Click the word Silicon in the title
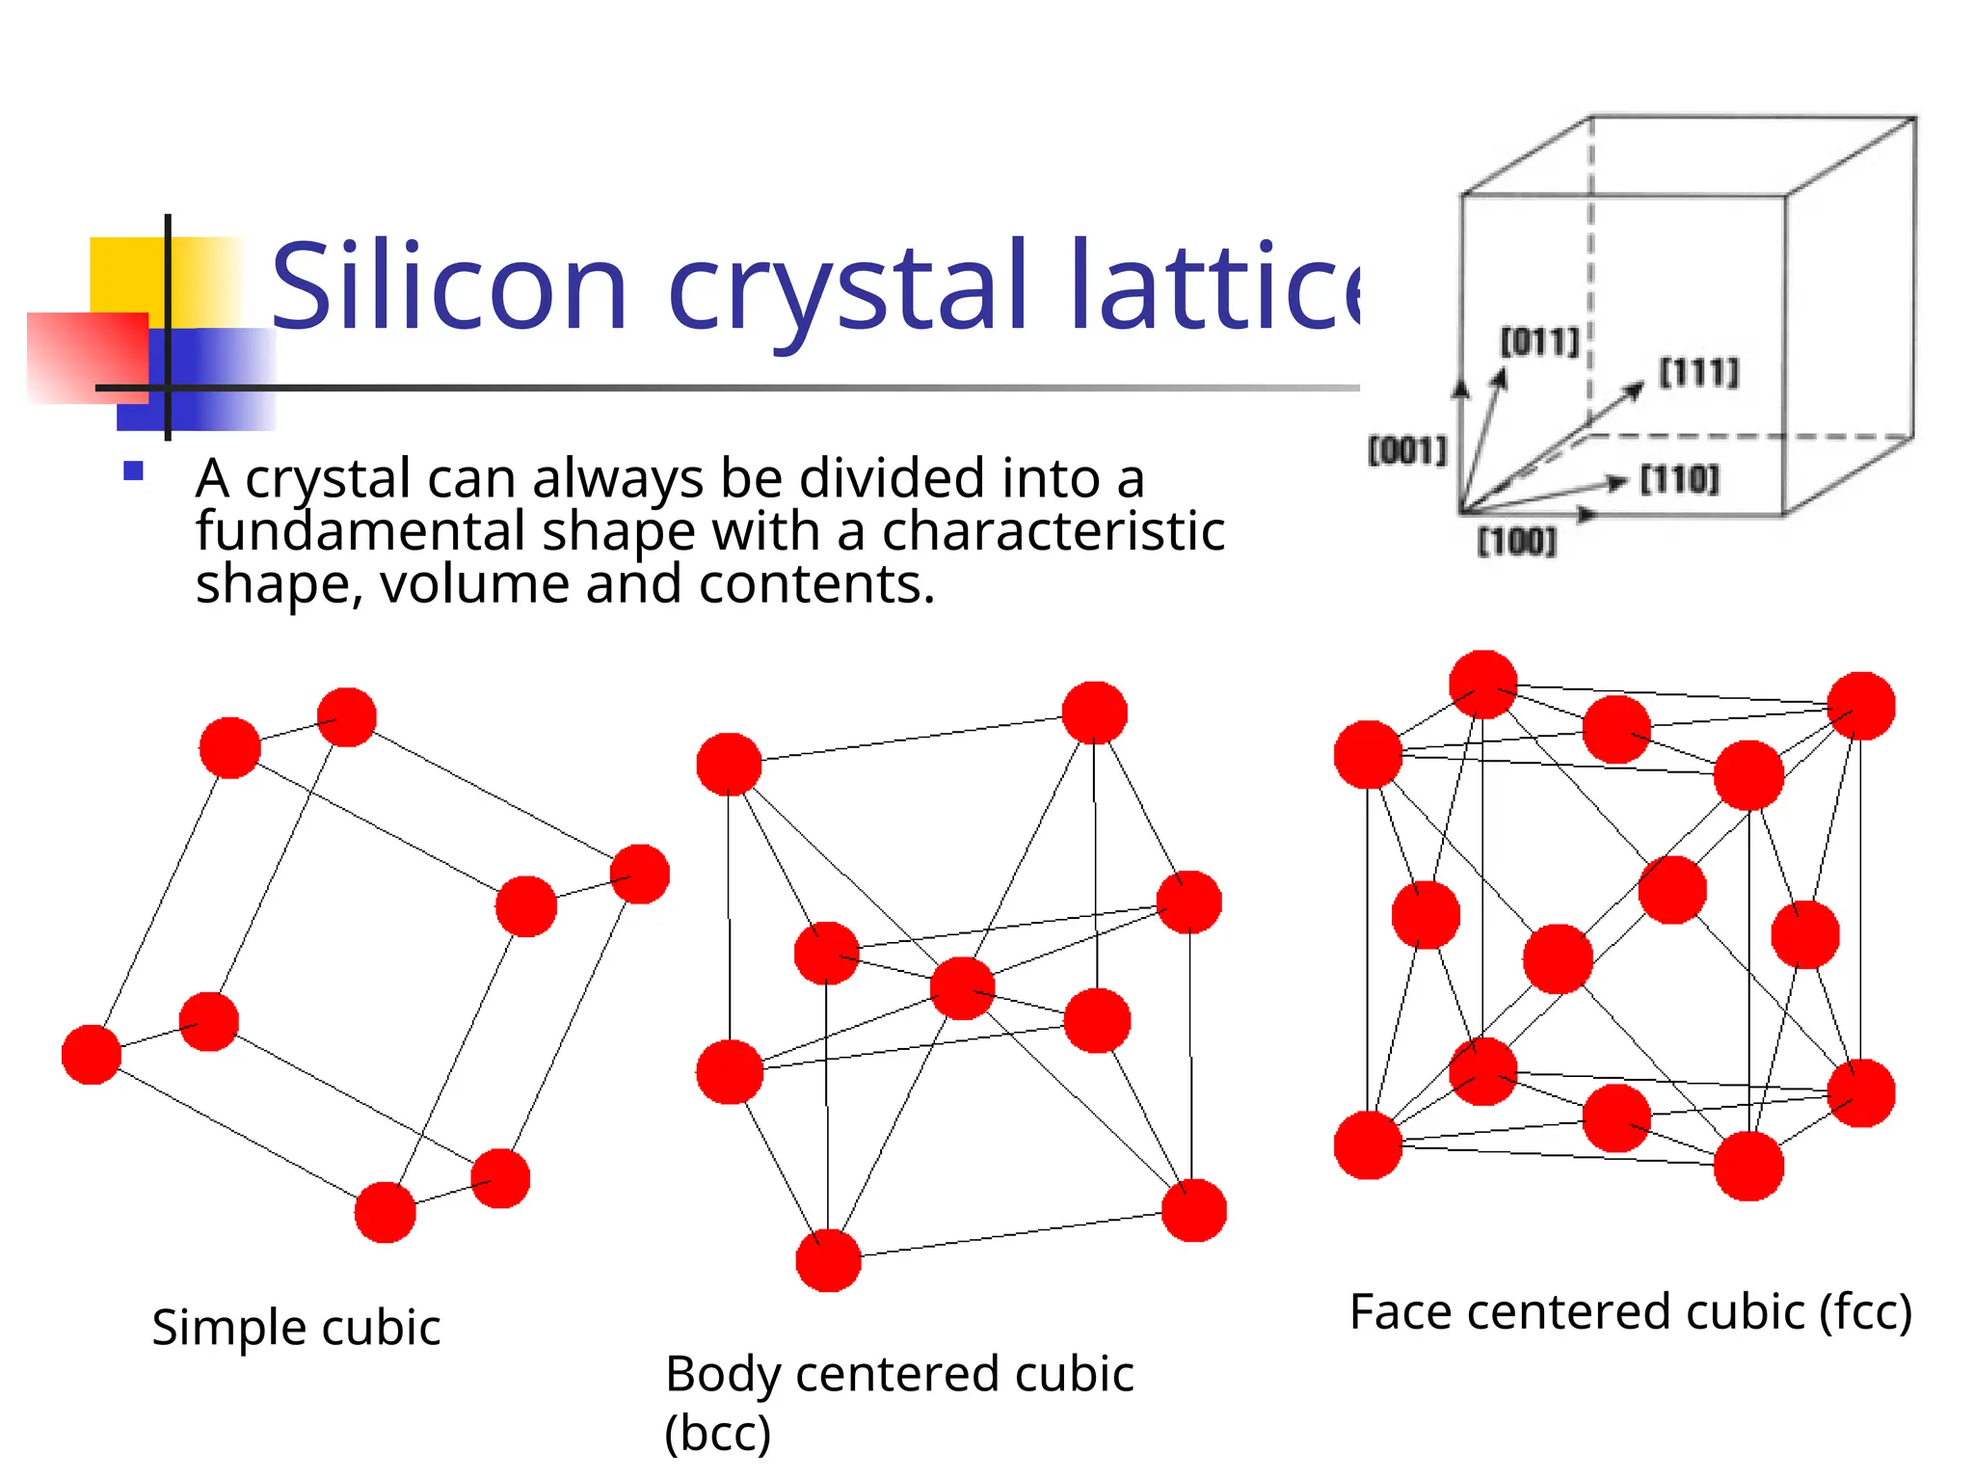[x=449, y=286]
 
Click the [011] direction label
[x=1539, y=341]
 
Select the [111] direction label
[x=1698, y=372]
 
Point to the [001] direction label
[x=1408, y=450]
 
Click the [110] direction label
[x=1679, y=479]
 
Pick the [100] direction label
[x=1517, y=542]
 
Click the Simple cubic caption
[x=296, y=1328]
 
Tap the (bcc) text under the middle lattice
[x=718, y=1433]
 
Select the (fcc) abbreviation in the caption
[x=1865, y=1312]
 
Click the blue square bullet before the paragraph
[x=134, y=471]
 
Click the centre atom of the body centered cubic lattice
[x=962, y=988]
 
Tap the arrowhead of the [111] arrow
[x=1636, y=388]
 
